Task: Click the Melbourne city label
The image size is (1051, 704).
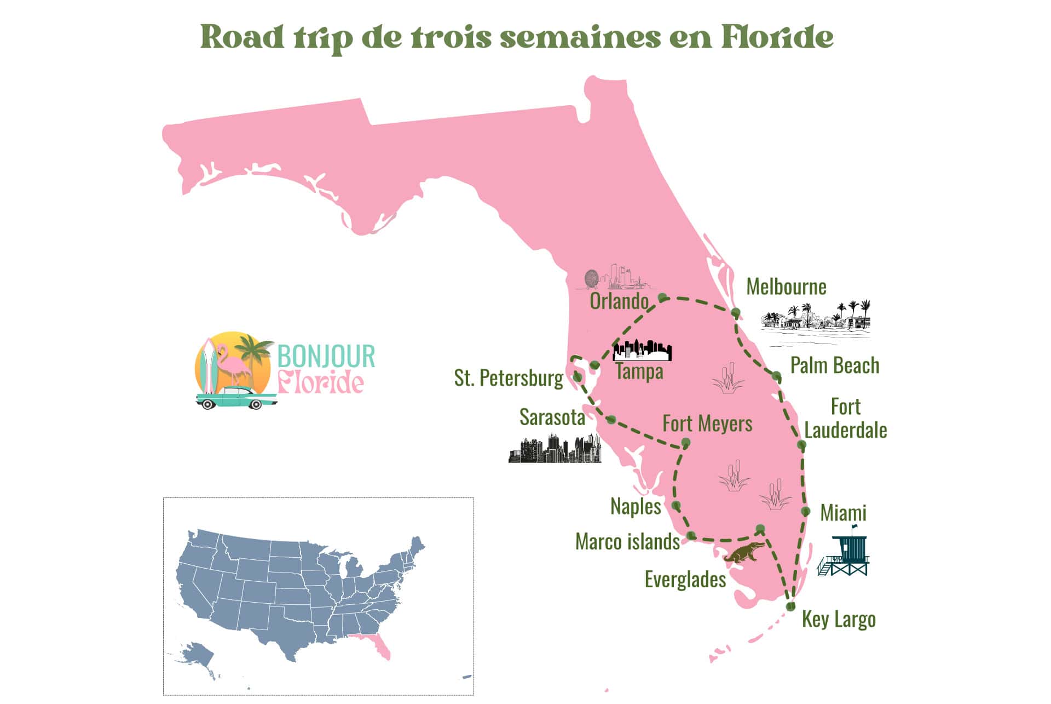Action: pyautogui.click(x=786, y=287)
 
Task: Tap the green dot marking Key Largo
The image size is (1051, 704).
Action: pyautogui.click(x=790, y=606)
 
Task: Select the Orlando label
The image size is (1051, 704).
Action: pyautogui.click(x=619, y=301)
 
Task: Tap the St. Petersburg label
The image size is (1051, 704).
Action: pyautogui.click(x=508, y=378)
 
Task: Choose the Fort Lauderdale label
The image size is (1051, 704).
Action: pyautogui.click(x=846, y=419)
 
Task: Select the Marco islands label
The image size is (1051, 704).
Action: pyautogui.click(x=627, y=541)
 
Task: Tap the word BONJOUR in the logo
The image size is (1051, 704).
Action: pyautogui.click(x=326, y=356)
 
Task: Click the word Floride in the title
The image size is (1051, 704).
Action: pyautogui.click(x=777, y=37)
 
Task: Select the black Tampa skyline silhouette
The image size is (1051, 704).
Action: pyautogui.click(x=642, y=351)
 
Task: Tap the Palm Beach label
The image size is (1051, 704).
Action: pyautogui.click(x=835, y=365)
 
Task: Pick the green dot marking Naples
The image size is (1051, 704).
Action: pyautogui.click(x=676, y=505)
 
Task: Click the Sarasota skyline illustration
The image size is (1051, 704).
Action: pyautogui.click(x=555, y=449)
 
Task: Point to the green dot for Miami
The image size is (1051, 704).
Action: pyautogui.click(x=806, y=511)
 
